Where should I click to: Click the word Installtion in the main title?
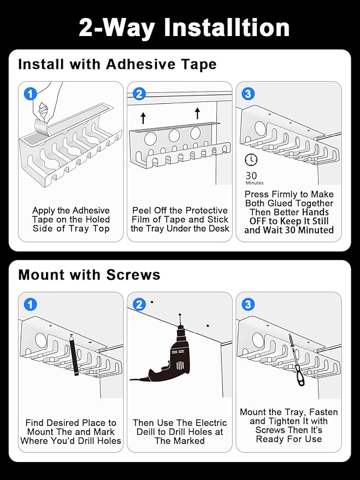point(227,27)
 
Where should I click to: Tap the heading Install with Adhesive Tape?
point(117,64)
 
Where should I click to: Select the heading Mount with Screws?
point(89,275)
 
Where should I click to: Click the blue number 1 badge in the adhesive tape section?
point(30,94)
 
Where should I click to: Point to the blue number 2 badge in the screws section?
point(139,305)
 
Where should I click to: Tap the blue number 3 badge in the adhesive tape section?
point(248,94)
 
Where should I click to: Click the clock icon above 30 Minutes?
point(251,159)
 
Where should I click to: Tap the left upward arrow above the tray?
point(143,118)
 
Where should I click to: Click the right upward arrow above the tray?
point(197,113)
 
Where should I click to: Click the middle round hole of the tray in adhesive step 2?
point(174,135)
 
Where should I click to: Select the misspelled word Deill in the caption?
point(145,431)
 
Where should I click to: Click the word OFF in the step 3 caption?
point(258,221)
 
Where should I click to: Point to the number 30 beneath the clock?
point(251,176)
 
